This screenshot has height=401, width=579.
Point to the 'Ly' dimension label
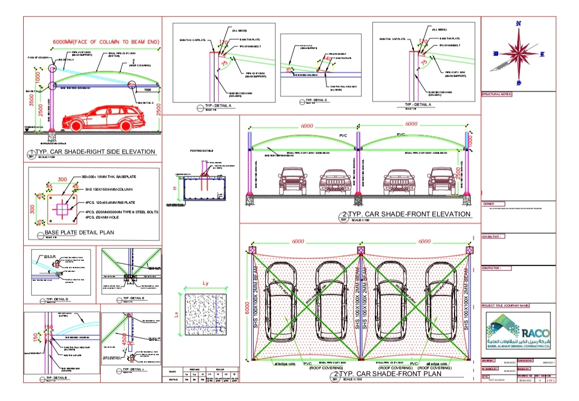coord(206,283)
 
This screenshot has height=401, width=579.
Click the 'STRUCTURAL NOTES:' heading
coord(497,95)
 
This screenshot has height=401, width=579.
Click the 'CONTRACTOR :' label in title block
coord(496,268)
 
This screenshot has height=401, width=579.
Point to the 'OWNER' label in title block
coord(488,203)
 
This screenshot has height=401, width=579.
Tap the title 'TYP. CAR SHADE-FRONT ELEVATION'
coord(407,214)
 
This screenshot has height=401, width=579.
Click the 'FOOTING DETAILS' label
coord(201,151)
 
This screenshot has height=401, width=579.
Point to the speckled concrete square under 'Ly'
coord(206,313)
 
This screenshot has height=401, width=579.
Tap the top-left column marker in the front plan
coord(253,250)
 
